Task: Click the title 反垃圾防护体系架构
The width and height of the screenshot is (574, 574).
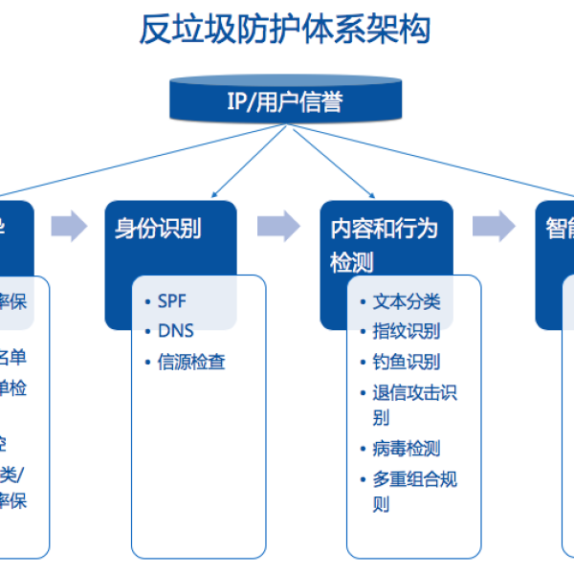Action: (285, 30)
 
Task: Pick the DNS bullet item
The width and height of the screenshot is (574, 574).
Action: (175, 331)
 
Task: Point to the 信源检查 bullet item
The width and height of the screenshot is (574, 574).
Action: (191, 363)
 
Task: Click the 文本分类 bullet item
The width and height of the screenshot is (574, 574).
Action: (406, 301)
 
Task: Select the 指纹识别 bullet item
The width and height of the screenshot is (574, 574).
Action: (406, 331)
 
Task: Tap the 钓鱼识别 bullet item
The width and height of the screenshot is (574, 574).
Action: (406, 362)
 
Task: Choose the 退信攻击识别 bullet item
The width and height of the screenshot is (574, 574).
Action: (413, 404)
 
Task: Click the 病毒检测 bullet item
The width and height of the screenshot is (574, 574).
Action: (406, 448)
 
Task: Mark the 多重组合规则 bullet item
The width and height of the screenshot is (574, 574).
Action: (413, 491)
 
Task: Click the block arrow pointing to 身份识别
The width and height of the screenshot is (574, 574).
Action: (68, 227)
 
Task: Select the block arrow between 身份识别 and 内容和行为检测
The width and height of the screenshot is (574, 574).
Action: (278, 227)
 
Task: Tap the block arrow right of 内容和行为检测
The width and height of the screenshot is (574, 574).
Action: (493, 227)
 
